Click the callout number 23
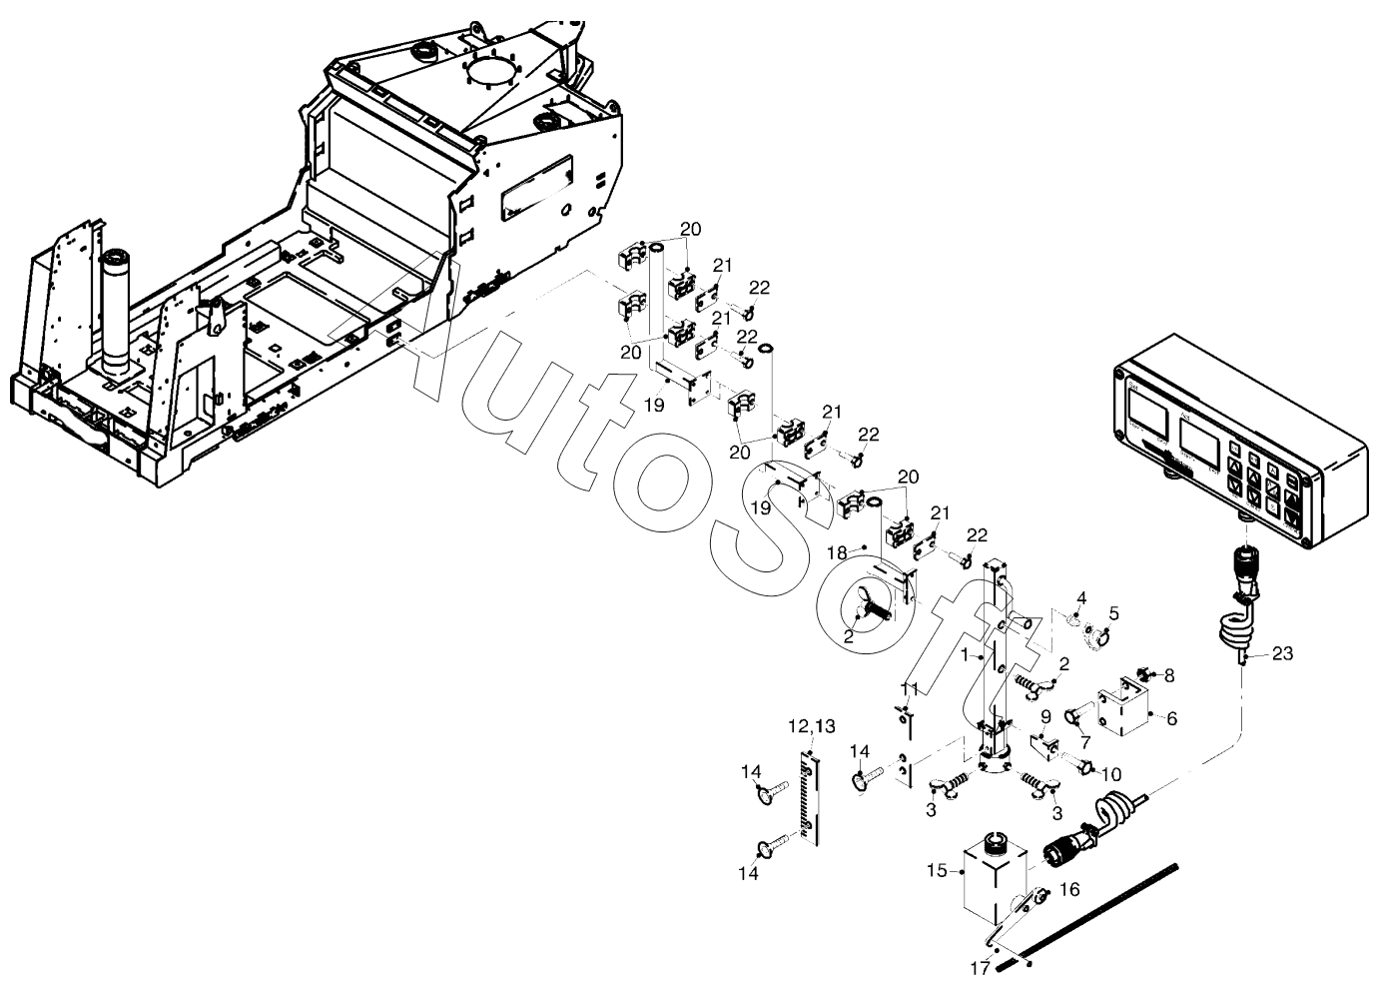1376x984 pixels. (1283, 654)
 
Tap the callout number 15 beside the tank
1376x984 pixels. (936, 871)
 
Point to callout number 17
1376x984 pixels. (979, 967)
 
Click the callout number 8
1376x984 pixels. (1169, 675)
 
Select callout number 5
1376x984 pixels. (1113, 613)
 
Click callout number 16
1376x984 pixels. (1068, 887)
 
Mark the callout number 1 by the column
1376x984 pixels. (965, 655)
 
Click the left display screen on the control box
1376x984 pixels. (1150, 411)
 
